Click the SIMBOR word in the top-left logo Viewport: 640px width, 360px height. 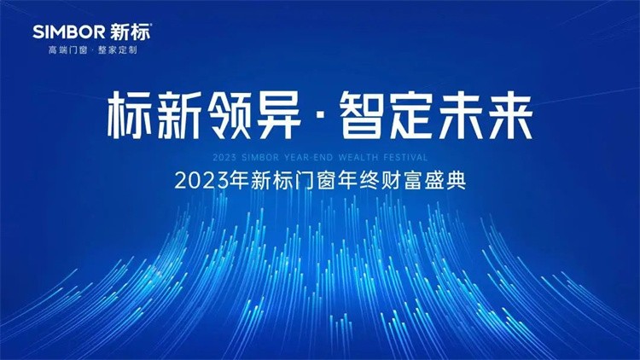tap(69, 32)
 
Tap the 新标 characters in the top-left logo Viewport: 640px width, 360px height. tap(131, 32)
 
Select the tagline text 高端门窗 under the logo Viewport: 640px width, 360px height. tap(67, 50)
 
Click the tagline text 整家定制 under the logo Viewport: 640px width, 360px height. tap(118, 50)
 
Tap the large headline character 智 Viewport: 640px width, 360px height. tap(362, 115)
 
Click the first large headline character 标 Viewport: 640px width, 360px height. tap(131, 115)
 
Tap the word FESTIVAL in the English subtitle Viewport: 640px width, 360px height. tap(405, 157)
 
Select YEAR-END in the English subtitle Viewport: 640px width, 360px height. tap(309, 157)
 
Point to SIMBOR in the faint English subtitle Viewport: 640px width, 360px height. tap(260, 157)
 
